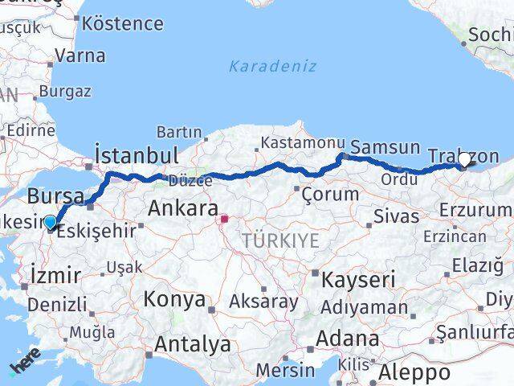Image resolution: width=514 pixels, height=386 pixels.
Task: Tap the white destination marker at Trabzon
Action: point(465,160)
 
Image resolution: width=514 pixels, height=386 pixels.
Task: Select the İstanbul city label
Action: point(136,154)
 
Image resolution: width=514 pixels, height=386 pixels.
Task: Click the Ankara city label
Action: point(182,210)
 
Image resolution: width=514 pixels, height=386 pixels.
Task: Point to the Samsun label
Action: point(385,147)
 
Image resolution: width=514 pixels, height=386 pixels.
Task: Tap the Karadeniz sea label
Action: point(273,66)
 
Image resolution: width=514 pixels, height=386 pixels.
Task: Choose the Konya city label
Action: point(174,300)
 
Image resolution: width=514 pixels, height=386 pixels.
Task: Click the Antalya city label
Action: point(192,345)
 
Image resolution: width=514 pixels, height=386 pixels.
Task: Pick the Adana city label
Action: point(348,338)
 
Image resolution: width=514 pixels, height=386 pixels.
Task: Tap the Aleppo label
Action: point(416,372)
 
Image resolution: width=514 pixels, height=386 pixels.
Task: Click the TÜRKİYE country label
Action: point(281,240)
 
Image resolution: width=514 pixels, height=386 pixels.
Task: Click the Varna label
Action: point(80,56)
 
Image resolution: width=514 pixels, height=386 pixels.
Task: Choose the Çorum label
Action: point(329,194)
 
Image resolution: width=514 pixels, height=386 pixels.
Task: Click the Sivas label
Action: point(397,216)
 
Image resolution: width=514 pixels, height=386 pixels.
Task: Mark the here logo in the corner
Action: point(25,366)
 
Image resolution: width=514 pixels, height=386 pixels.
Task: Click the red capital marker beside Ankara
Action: point(226,217)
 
